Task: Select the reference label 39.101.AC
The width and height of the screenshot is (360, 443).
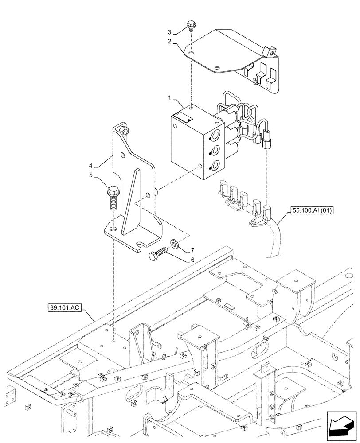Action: tap(65, 307)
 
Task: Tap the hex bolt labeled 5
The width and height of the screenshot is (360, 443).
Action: tap(113, 198)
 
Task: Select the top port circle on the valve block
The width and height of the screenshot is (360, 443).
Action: tap(216, 136)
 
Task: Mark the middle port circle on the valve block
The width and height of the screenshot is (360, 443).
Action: tap(216, 152)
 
